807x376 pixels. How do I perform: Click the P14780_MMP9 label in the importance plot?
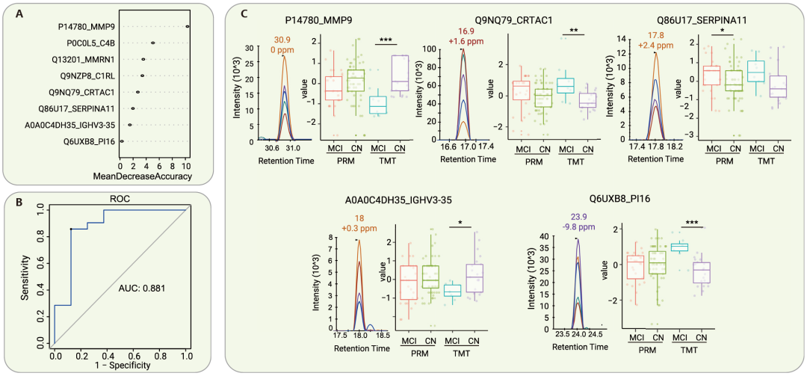point(84,28)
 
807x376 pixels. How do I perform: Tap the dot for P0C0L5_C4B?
point(152,43)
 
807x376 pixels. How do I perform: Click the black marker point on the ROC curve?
point(71,229)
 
